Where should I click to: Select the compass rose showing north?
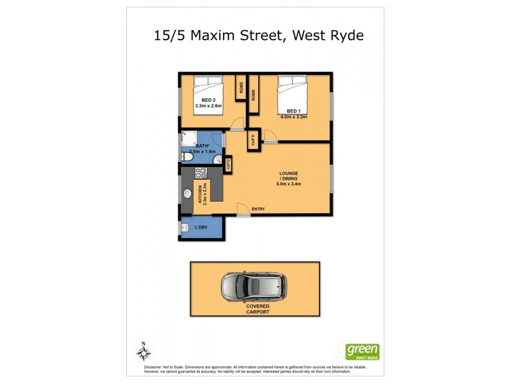point(144,351)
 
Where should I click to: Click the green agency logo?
point(362,351)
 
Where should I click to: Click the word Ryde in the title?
point(345,35)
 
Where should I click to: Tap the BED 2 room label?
point(209,100)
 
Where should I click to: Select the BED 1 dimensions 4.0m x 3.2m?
point(293,116)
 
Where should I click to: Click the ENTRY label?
point(259,209)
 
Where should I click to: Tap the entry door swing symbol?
point(243,209)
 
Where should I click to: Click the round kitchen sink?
point(188,193)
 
